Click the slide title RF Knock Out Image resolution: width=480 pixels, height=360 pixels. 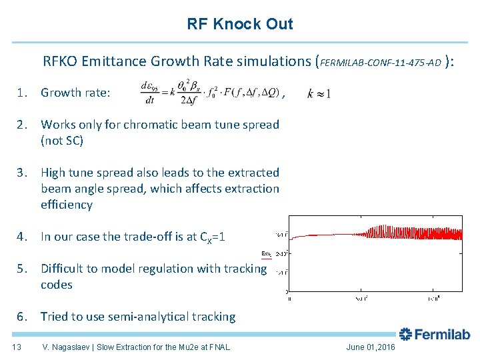[x=239, y=24]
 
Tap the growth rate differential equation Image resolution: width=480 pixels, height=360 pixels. [x=210, y=93]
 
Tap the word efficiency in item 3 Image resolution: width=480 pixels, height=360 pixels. [x=66, y=205]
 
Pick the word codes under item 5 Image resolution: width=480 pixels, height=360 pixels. [x=57, y=285]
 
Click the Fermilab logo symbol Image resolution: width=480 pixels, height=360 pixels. [x=406, y=334]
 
